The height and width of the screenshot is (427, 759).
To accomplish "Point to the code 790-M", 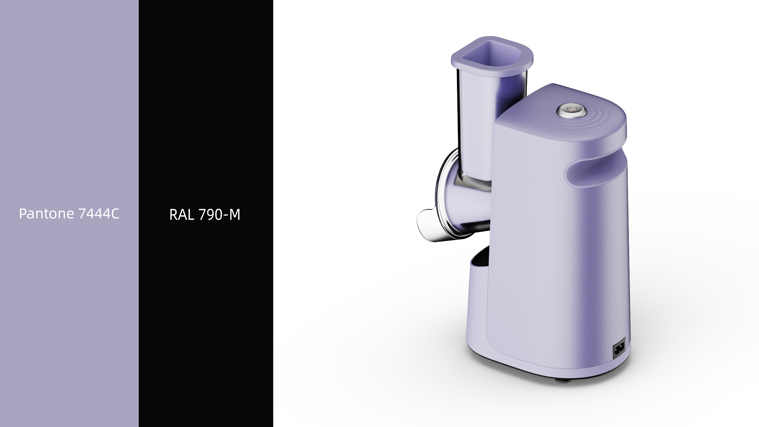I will (220, 214).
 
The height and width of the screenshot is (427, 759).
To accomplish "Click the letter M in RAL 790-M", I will (235, 214).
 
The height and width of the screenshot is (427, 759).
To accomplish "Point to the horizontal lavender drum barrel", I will (468, 207).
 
